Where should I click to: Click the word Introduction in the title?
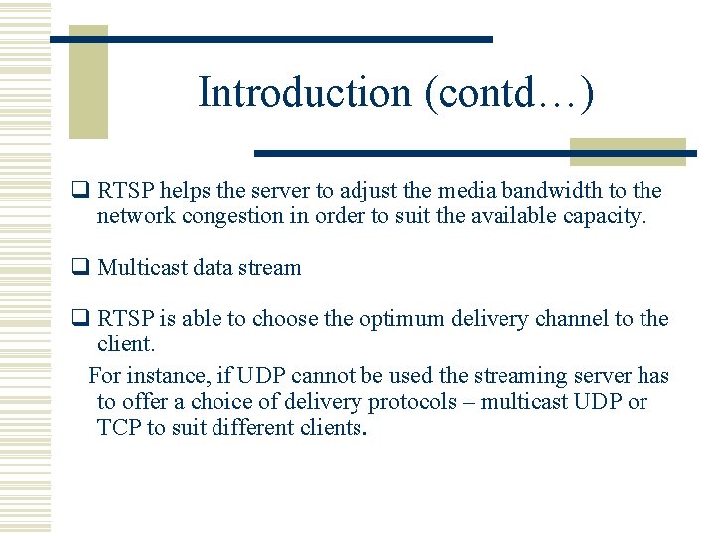point(305,92)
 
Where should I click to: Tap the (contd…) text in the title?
point(508,92)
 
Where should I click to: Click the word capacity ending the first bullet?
point(604,216)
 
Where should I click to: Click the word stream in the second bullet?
point(273,268)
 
